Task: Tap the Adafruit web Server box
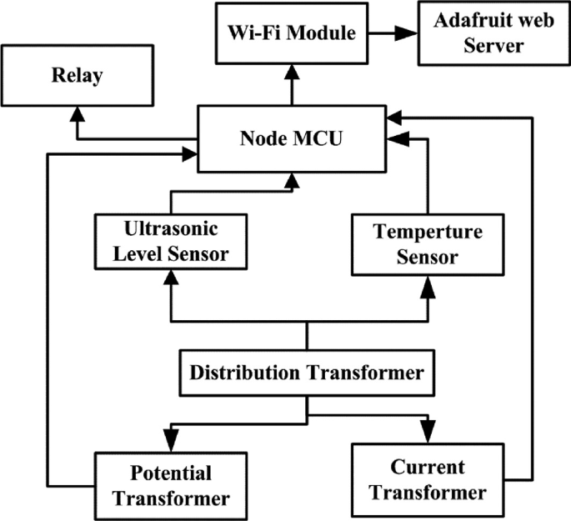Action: point(482,35)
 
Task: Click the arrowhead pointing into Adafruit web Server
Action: point(407,35)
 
